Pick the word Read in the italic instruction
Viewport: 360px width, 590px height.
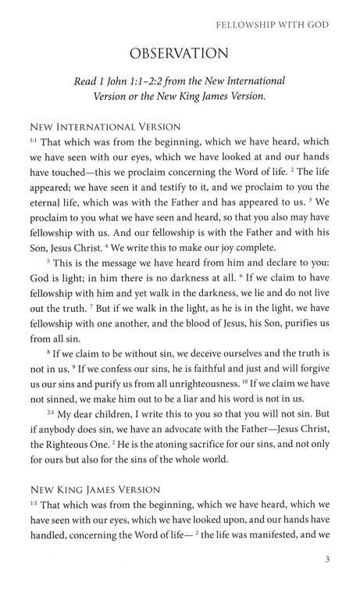111,81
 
